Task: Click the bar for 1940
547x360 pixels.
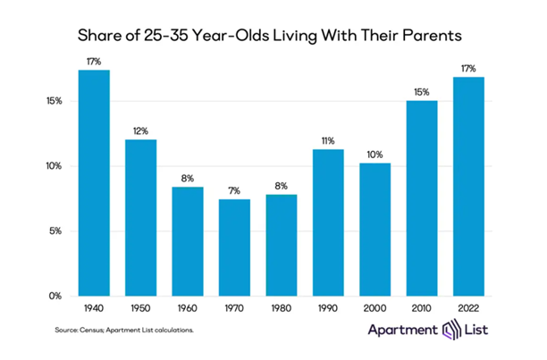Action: click(94, 183)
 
